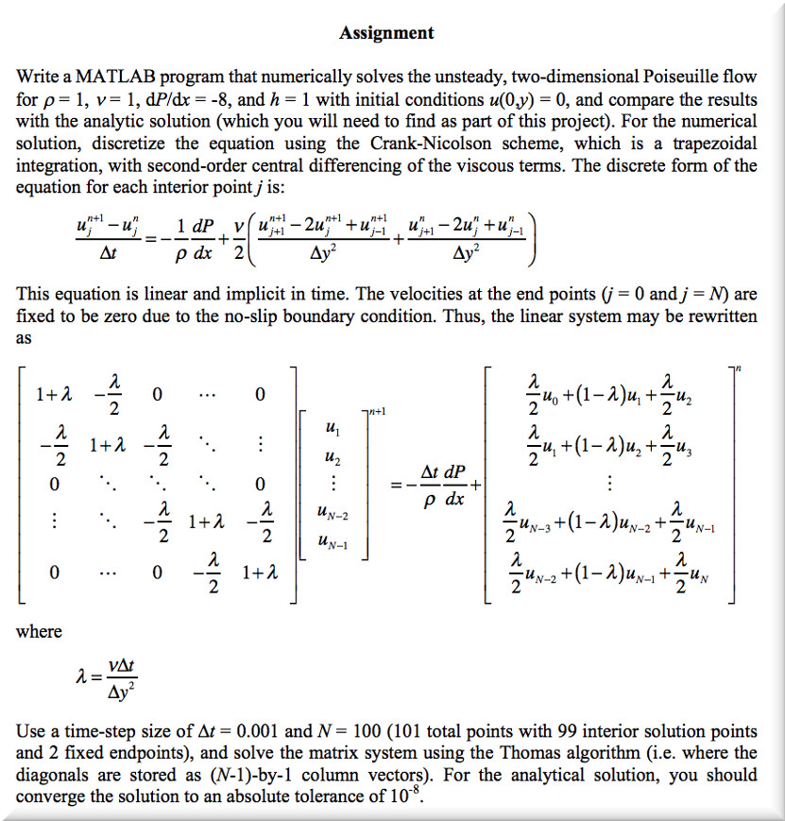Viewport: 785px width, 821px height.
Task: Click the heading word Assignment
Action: point(387,33)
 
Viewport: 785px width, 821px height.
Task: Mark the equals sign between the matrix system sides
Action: point(399,485)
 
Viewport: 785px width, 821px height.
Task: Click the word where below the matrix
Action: point(39,631)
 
